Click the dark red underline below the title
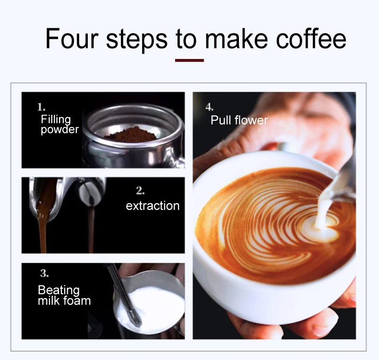(x=189, y=60)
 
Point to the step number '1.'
(x=42, y=106)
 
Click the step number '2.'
(x=140, y=191)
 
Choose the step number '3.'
(x=44, y=274)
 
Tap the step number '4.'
(x=209, y=106)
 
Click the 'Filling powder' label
(x=59, y=125)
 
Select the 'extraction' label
(x=153, y=206)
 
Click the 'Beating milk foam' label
(x=64, y=295)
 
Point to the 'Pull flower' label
(x=239, y=120)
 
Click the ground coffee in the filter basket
(x=130, y=134)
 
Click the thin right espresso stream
(x=91, y=230)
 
